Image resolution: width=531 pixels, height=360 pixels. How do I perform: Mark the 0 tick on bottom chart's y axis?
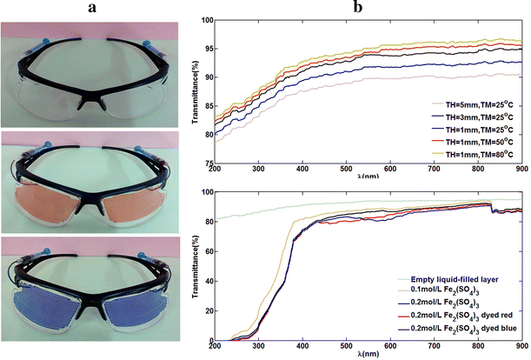tap(211, 342)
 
